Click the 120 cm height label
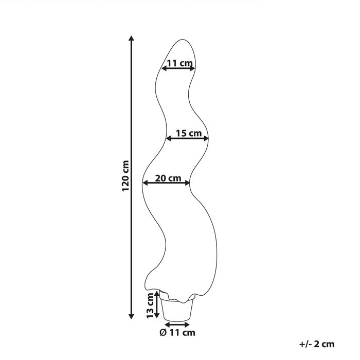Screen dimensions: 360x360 point(125,176)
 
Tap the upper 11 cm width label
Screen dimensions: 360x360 point(179,63)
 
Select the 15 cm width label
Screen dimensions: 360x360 point(189,133)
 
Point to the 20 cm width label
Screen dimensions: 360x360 point(168,178)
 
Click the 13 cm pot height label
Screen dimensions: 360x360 point(150,305)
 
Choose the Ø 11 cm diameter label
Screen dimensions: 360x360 point(177,332)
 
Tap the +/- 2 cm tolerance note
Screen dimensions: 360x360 point(317,344)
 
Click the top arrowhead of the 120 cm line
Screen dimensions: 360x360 point(131,39)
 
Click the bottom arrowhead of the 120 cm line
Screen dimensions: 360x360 point(131,316)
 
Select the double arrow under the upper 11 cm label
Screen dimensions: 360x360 point(178,68)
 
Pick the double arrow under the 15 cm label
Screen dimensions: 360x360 point(187,138)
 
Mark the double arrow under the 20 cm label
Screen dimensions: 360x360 point(166,183)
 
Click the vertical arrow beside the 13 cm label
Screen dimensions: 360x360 point(157,304)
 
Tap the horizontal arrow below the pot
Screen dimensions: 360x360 point(177,325)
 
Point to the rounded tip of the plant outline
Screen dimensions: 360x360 point(183,40)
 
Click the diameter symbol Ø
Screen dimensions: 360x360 point(163,332)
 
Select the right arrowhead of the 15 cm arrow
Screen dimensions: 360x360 point(206,138)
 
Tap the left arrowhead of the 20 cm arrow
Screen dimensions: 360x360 point(146,183)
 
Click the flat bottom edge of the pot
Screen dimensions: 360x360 point(177,320)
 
